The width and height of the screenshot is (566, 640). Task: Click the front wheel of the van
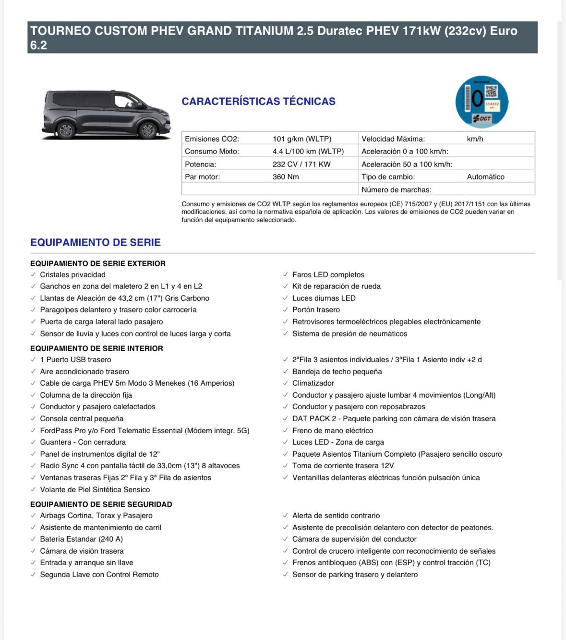pos(147,130)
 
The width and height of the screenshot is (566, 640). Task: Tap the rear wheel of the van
pos(65,130)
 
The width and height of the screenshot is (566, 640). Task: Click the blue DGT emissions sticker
pos(482,102)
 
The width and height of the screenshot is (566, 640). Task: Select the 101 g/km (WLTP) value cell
pos(302,139)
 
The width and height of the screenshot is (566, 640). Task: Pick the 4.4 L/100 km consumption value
pos(308,151)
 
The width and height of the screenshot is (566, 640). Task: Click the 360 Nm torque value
pos(286,177)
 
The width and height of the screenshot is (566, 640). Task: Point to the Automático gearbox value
pos(485,177)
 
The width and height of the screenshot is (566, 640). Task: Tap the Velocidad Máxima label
pos(393,139)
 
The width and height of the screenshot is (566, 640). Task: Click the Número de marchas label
pos(396,190)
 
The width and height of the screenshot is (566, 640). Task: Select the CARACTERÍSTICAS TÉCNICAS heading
pos(258,101)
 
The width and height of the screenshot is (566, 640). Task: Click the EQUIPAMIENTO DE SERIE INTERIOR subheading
pos(96,348)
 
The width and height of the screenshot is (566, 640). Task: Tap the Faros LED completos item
pos(328,274)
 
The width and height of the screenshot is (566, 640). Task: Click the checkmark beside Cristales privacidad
pos(33,274)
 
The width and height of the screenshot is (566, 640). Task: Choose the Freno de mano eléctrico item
pos(332,430)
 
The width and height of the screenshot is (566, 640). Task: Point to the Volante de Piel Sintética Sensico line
pos(95,489)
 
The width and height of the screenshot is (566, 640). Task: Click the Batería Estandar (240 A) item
pos(81,539)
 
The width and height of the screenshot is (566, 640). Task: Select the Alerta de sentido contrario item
pos(336,515)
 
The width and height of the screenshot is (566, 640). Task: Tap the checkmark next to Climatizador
pos(286,383)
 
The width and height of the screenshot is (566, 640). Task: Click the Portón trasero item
pos(316,309)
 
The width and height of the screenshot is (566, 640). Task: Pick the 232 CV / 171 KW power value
pos(301,164)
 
